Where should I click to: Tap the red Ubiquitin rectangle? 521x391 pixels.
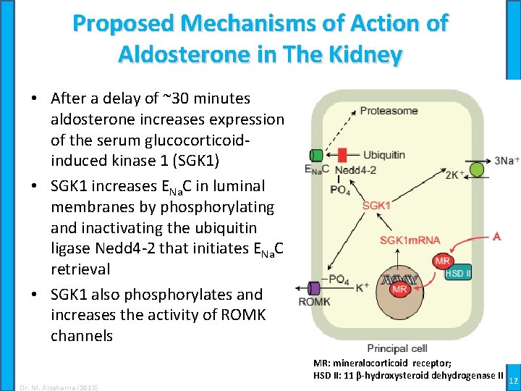(342, 155)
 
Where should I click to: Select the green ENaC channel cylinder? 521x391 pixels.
(316, 155)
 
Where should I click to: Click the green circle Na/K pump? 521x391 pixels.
(477, 169)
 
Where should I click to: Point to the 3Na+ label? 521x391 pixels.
(507, 160)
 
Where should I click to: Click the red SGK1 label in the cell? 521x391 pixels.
(376, 206)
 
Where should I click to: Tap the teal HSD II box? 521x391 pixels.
(458, 273)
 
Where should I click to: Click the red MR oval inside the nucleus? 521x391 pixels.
(399, 290)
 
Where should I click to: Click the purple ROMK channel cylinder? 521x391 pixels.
(314, 288)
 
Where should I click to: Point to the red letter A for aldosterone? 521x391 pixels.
(496, 236)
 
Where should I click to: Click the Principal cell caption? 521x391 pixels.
(397, 348)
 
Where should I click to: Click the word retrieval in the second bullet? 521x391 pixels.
(80, 269)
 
